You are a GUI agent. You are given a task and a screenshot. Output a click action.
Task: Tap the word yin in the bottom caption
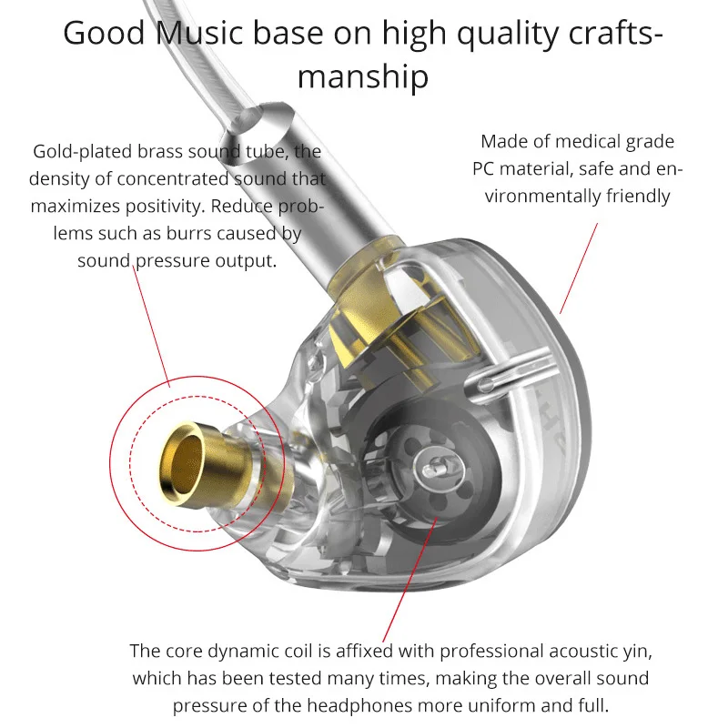635,651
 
